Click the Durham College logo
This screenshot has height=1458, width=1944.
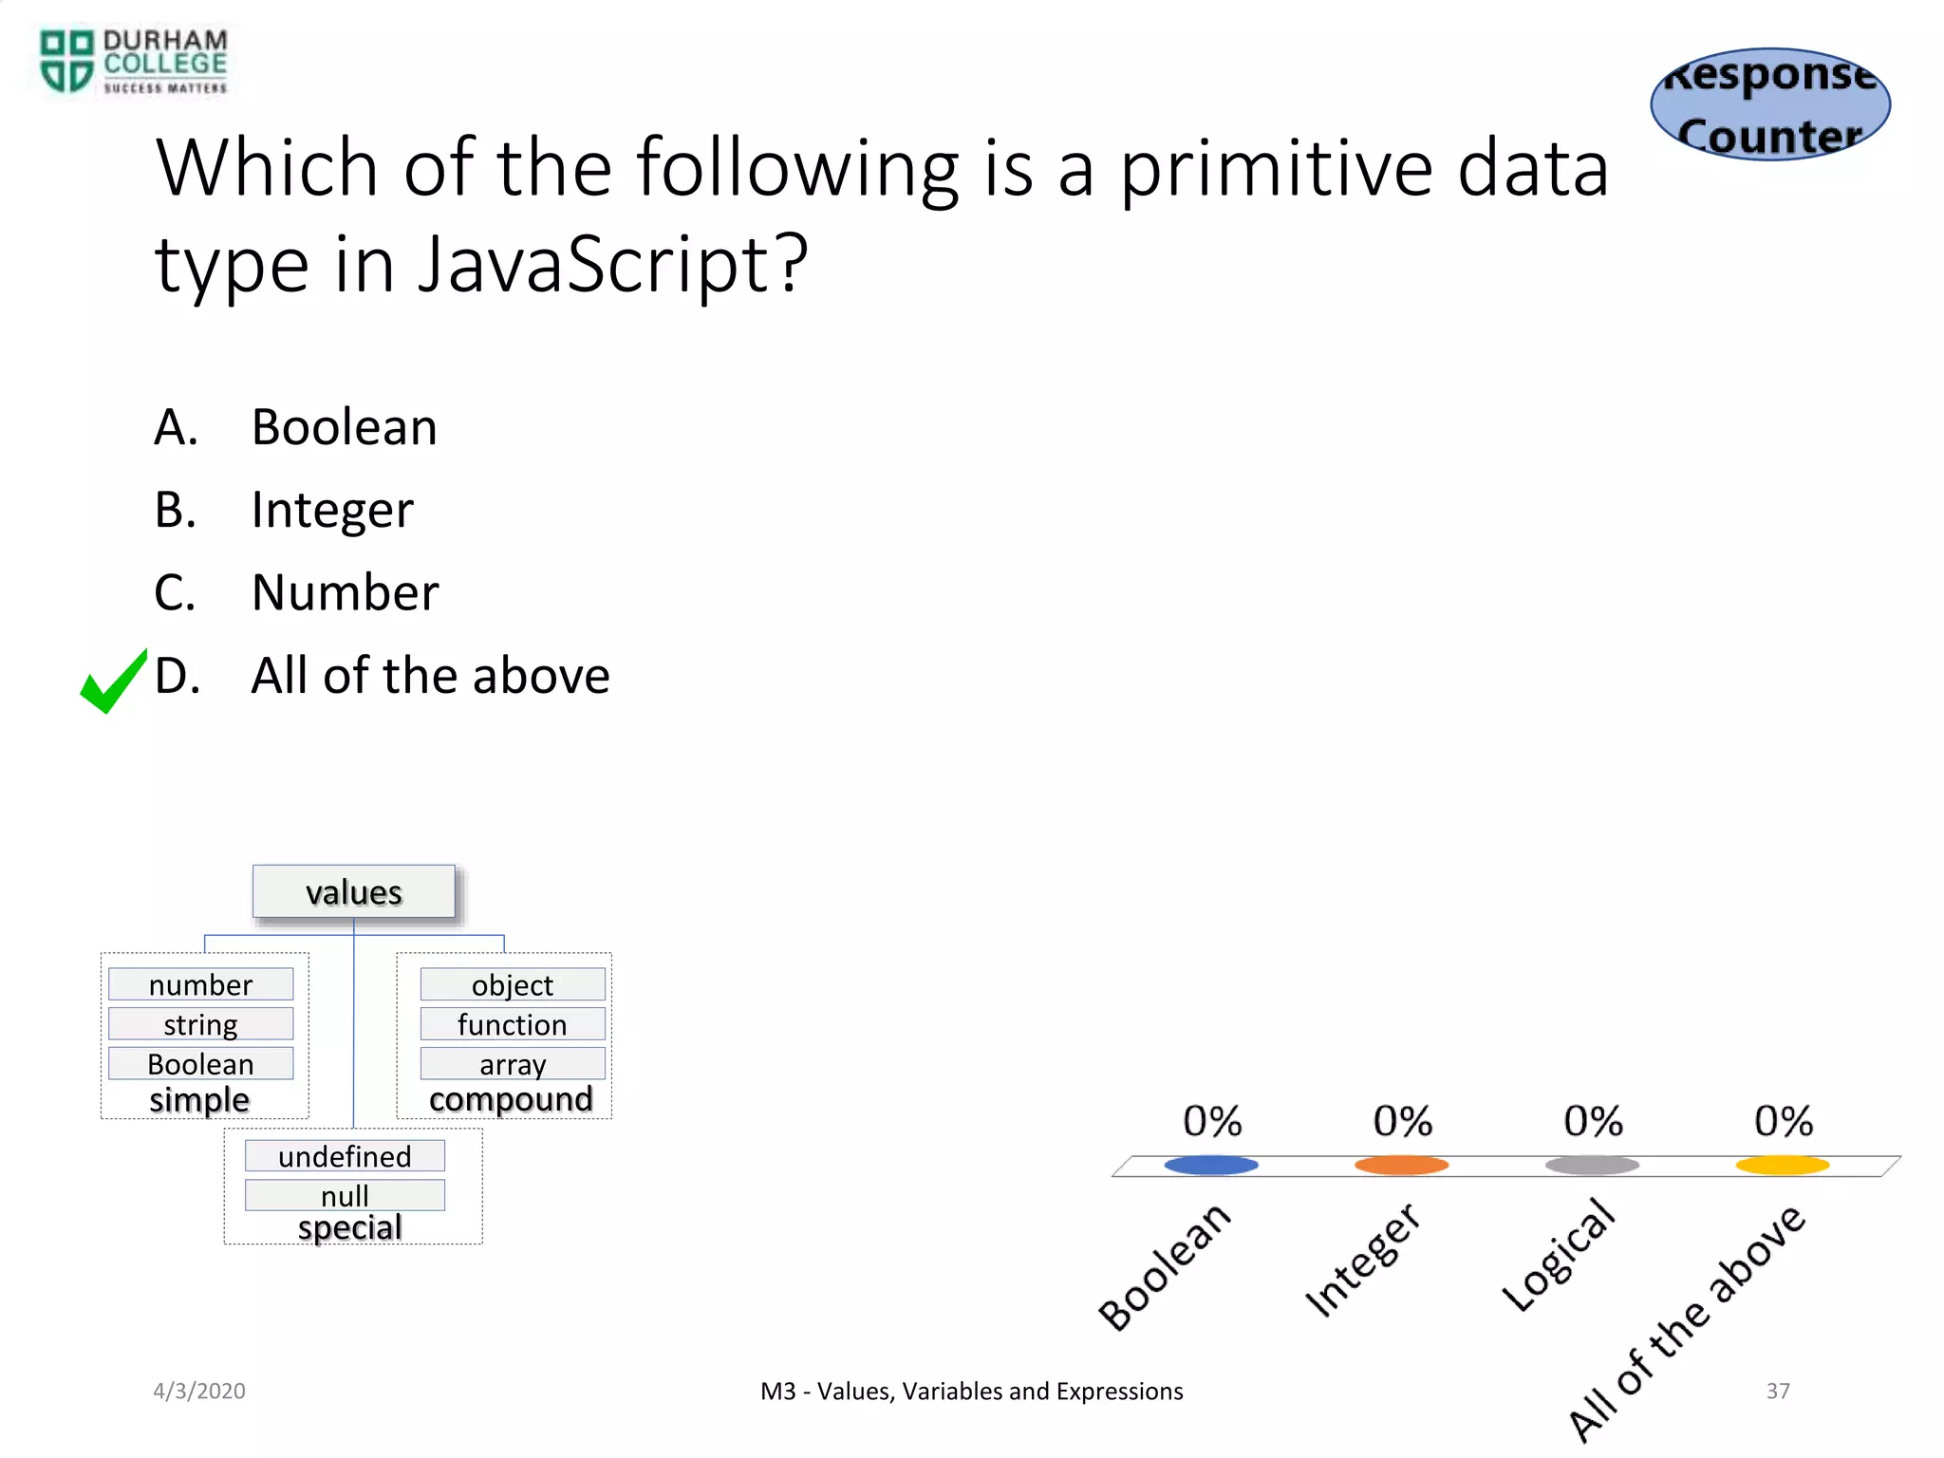coord(133,62)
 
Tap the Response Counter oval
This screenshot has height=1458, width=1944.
coord(1770,104)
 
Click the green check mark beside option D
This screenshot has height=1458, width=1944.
coord(113,682)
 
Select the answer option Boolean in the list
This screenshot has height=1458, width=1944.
coord(344,427)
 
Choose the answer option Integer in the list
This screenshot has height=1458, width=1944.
coord(332,510)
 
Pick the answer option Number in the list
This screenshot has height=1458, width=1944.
coord(345,592)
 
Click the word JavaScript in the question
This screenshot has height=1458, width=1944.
coord(612,264)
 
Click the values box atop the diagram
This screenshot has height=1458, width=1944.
coord(354,892)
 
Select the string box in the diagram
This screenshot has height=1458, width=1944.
coord(200,1024)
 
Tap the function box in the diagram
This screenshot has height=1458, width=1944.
coord(513,1024)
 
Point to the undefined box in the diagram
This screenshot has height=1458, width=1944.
coord(345,1156)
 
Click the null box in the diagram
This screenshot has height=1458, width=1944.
coord(345,1195)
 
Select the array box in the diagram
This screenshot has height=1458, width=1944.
coord(513,1064)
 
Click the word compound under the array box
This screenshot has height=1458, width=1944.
coord(511,1099)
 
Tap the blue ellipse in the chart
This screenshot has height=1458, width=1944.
coord(1211,1165)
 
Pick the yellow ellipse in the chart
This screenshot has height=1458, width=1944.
coord(1783,1165)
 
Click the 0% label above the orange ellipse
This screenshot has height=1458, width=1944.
coord(1402,1121)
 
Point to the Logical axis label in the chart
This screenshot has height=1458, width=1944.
coord(1559,1255)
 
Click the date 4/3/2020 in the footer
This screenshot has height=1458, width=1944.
coord(199,1391)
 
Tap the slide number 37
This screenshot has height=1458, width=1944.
coord(1778,1391)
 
